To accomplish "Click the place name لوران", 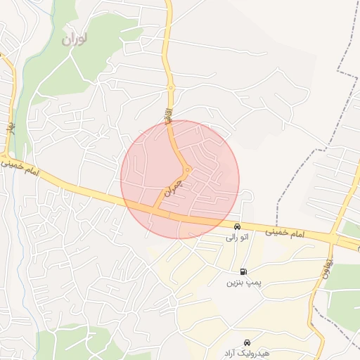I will click(77, 38).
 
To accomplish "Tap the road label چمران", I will click(172, 186).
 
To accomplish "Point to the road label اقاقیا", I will click(169, 115).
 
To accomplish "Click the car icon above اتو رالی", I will click(238, 226).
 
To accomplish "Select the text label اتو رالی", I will click(237, 238).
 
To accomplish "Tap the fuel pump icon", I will click(243, 271).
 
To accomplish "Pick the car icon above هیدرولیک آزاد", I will click(246, 340).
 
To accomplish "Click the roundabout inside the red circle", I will click(188, 169).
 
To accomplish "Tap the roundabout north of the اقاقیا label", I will click(170, 88).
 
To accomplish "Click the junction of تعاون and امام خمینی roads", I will click(332, 240).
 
